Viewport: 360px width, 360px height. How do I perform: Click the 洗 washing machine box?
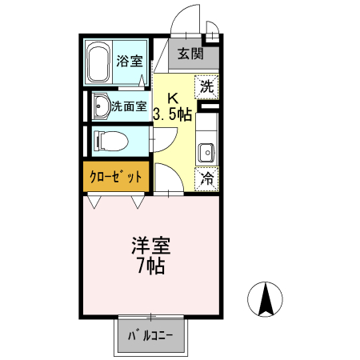206,84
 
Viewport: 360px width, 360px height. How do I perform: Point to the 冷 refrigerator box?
206,178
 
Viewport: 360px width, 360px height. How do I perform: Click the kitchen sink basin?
206,151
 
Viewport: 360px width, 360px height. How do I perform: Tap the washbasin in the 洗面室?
101,106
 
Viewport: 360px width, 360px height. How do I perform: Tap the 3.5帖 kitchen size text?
172,114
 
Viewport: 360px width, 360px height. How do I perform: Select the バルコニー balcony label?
151,337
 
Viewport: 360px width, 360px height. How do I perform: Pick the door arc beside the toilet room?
161,136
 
